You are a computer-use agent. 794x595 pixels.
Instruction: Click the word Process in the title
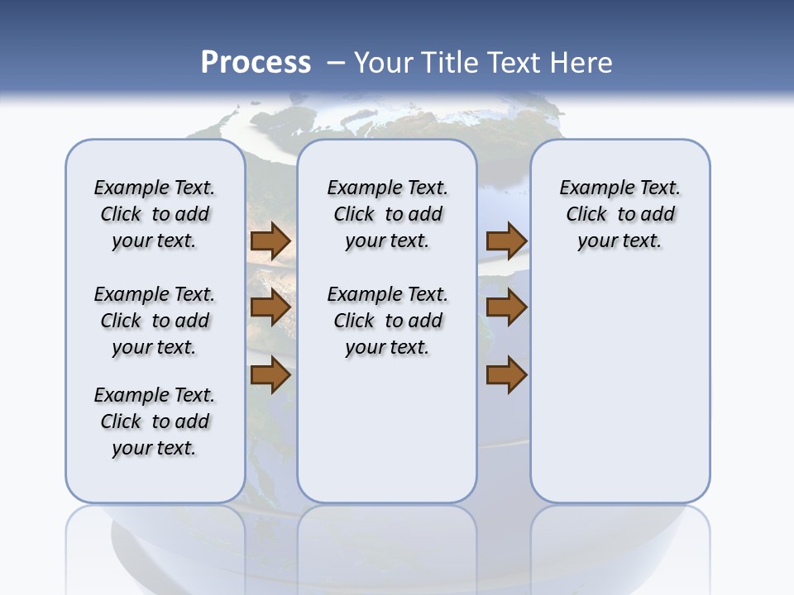[256, 63]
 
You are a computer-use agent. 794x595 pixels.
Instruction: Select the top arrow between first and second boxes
[270, 240]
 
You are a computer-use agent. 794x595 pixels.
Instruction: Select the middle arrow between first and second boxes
[270, 308]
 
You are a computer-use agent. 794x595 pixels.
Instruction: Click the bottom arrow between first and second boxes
[270, 375]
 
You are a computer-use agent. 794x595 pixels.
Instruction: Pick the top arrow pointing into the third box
[506, 240]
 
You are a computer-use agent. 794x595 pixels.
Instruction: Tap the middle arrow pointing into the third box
[506, 308]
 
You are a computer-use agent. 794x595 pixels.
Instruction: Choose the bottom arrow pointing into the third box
[506, 375]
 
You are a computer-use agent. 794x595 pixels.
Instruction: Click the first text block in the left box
[155, 214]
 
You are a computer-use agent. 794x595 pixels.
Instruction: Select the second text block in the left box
[155, 321]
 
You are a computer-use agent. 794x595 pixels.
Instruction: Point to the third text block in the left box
[155, 421]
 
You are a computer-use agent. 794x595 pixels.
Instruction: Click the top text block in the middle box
[387, 214]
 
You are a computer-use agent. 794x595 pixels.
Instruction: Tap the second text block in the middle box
[387, 321]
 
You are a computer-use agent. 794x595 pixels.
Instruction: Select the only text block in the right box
[619, 214]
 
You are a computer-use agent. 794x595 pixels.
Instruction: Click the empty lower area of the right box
[619, 388]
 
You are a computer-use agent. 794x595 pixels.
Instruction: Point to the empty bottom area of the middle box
[387, 438]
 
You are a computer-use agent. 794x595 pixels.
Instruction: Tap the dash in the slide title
[336, 63]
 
